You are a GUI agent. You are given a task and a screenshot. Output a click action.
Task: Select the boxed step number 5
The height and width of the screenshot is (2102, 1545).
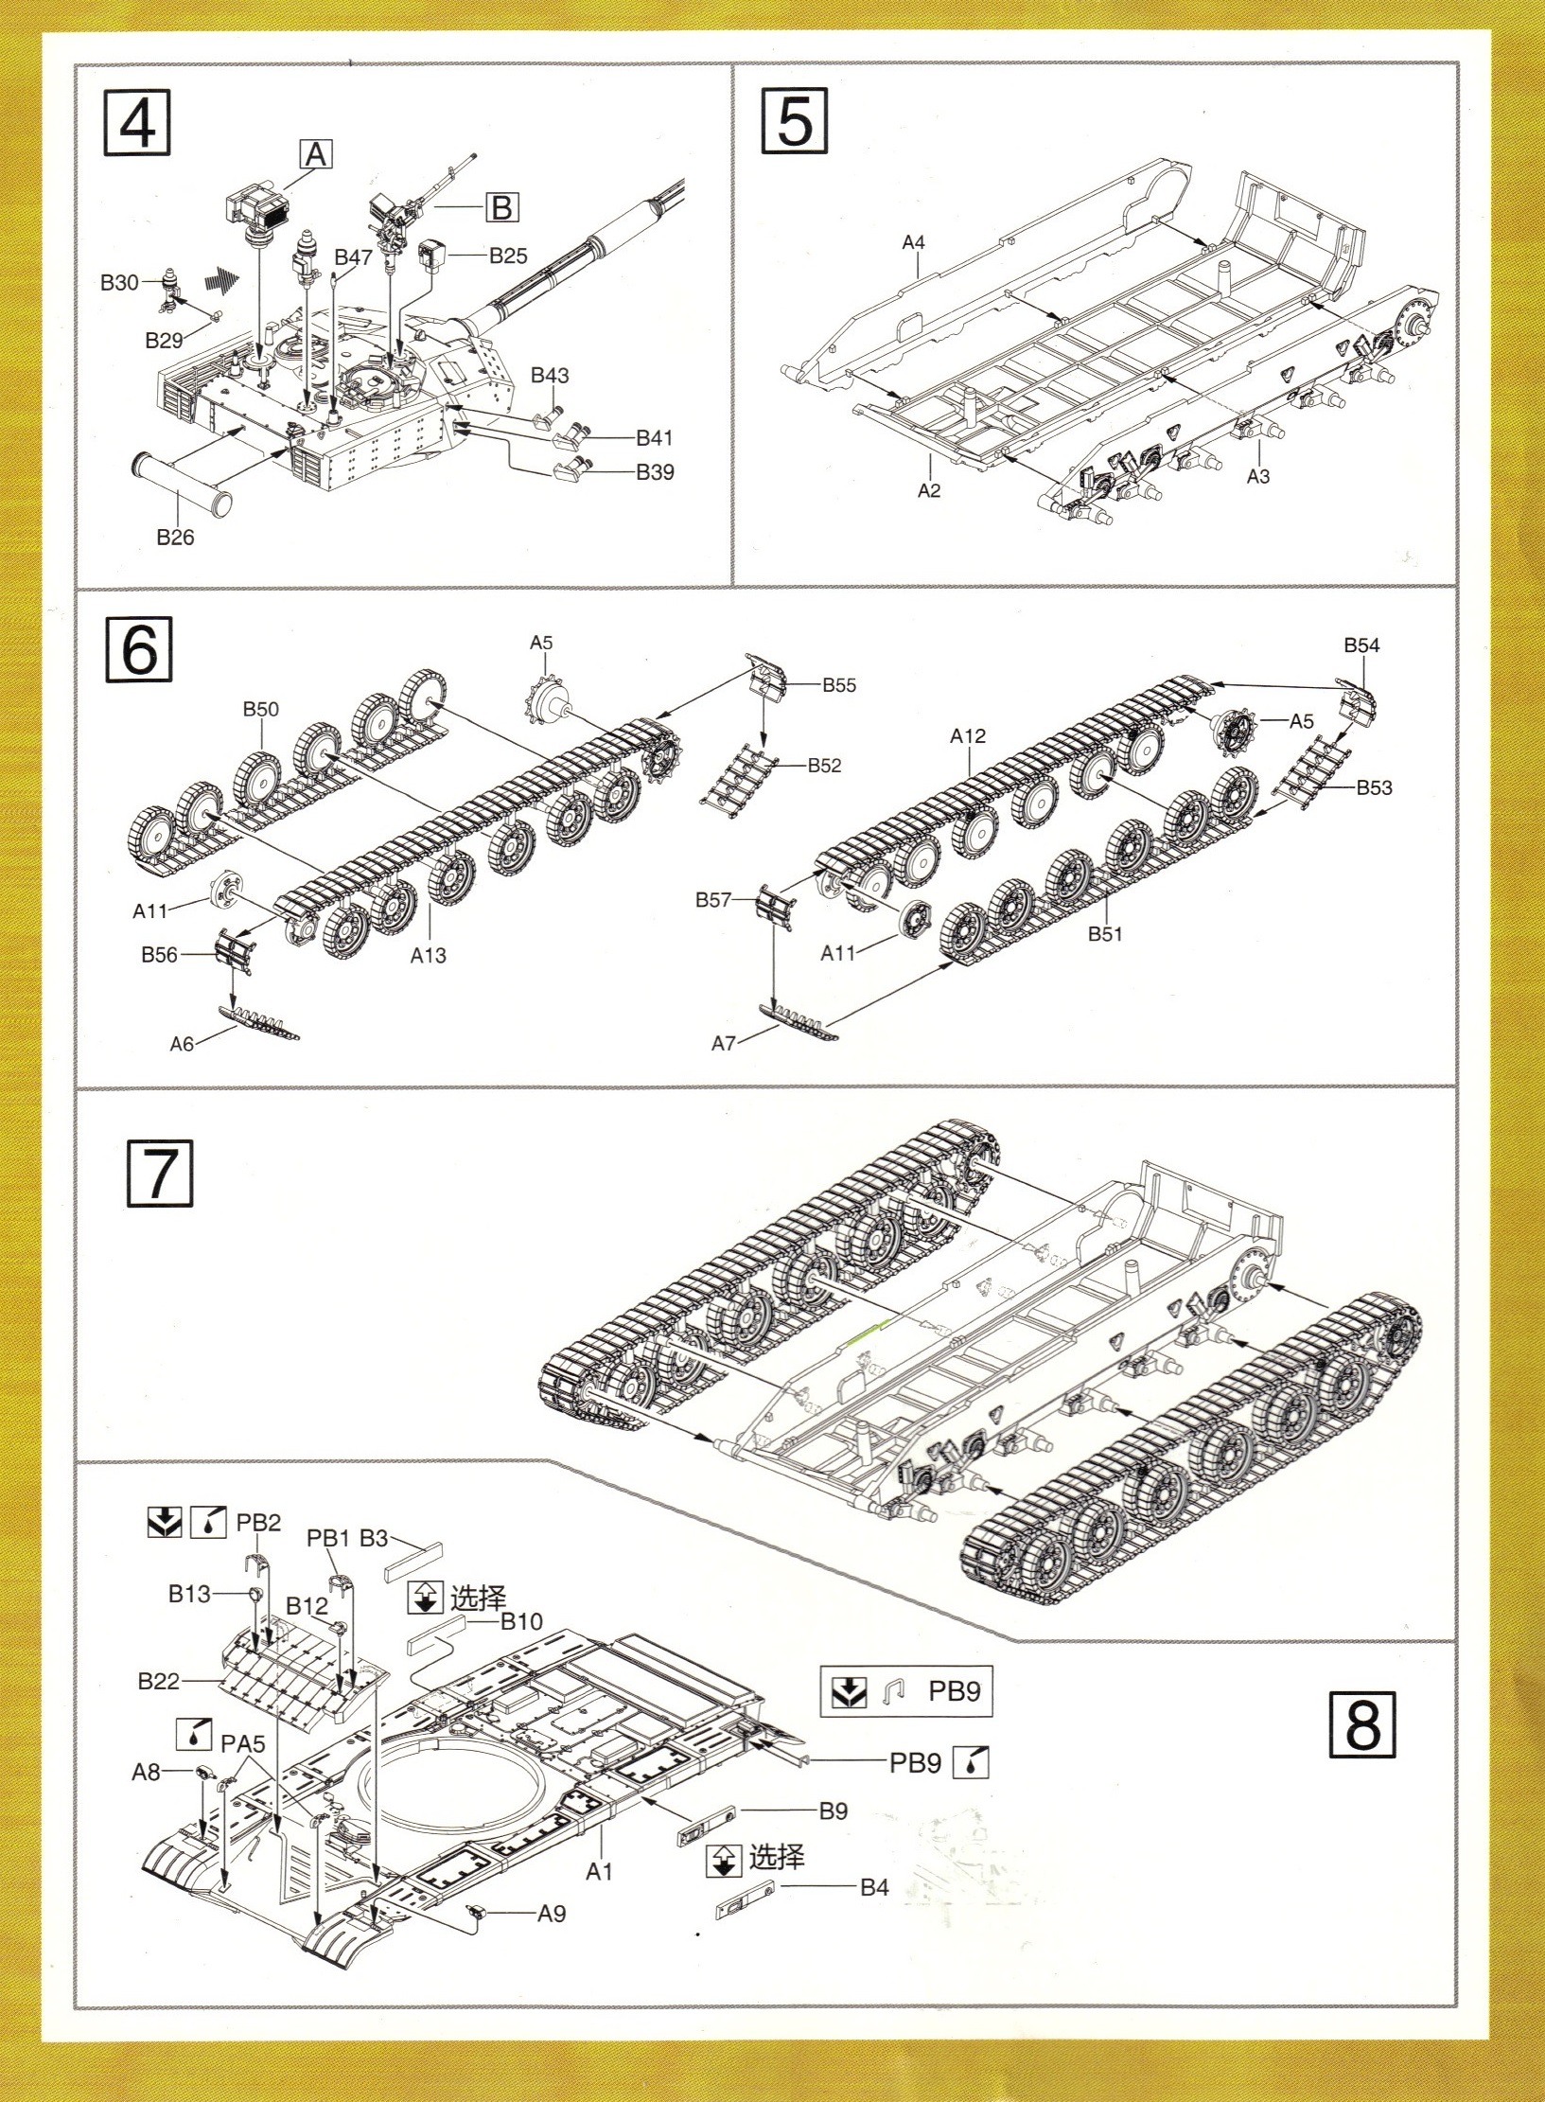(x=794, y=122)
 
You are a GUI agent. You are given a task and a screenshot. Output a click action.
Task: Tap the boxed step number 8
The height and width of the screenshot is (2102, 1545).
(x=1362, y=1725)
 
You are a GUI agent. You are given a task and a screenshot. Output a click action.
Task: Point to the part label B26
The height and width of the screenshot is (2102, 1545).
(x=175, y=538)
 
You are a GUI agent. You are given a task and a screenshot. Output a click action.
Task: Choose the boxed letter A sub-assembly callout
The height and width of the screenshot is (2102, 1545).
(x=316, y=153)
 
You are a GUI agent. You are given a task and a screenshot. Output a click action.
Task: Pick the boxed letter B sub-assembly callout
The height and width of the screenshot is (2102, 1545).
(x=502, y=206)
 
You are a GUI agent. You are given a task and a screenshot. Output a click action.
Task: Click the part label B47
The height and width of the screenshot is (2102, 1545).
(x=353, y=257)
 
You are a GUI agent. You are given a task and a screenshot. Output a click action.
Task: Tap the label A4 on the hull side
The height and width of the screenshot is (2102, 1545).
(x=913, y=242)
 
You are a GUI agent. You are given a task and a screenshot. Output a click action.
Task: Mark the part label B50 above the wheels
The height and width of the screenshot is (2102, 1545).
(x=261, y=710)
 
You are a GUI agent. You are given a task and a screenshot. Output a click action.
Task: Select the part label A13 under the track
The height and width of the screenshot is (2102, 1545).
(x=428, y=956)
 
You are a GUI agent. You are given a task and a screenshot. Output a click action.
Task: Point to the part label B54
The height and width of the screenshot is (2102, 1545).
(x=1361, y=645)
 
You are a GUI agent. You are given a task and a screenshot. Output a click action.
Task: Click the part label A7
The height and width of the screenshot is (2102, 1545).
(x=724, y=1043)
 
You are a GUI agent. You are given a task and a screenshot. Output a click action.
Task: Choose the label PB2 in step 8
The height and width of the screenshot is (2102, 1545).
(x=258, y=1522)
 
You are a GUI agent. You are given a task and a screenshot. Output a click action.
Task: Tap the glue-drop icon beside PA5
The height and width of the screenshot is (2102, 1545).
(x=194, y=1733)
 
